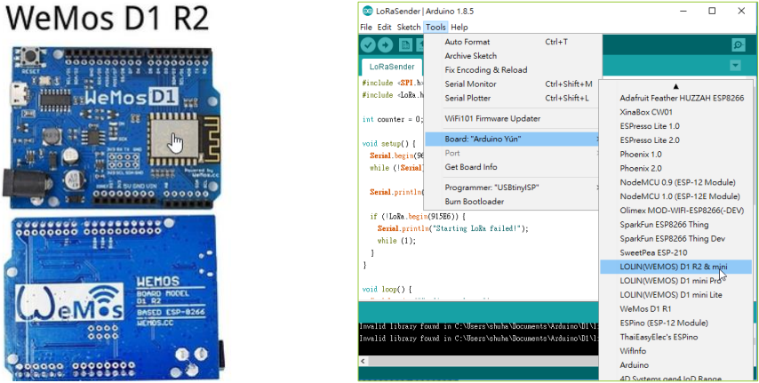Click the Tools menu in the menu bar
[x=435, y=28]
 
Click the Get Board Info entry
[x=471, y=167]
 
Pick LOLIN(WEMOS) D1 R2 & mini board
[x=663, y=266]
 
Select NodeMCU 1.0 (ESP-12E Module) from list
[x=667, y=195]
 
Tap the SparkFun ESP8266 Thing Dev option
[x=660, y=238]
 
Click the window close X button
[x=738, y=11]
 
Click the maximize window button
[x=712, y=11]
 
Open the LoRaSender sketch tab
[x=392, y=66]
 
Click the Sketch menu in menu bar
[x=408, y=28]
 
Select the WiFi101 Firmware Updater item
[x=491, y=118]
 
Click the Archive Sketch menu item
[x=470, y=56]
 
